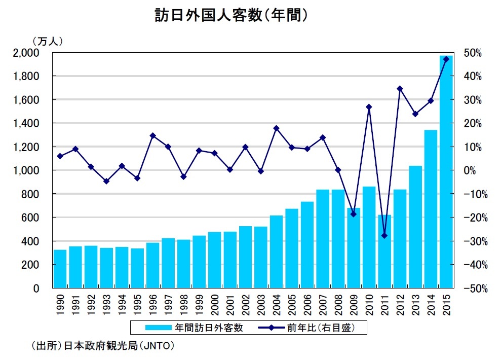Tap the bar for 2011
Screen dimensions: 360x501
pos(384,251)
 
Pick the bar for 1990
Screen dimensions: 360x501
pos(60,269)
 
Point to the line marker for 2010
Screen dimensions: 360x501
pos(369,107)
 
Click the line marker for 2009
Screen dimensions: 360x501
pos(354,214)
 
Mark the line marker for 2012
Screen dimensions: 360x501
pos(400,89)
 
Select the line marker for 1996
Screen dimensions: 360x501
pos(152,135)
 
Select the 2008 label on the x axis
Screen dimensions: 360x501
pos(338,304)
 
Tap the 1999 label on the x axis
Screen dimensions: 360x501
pos(199,304)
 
